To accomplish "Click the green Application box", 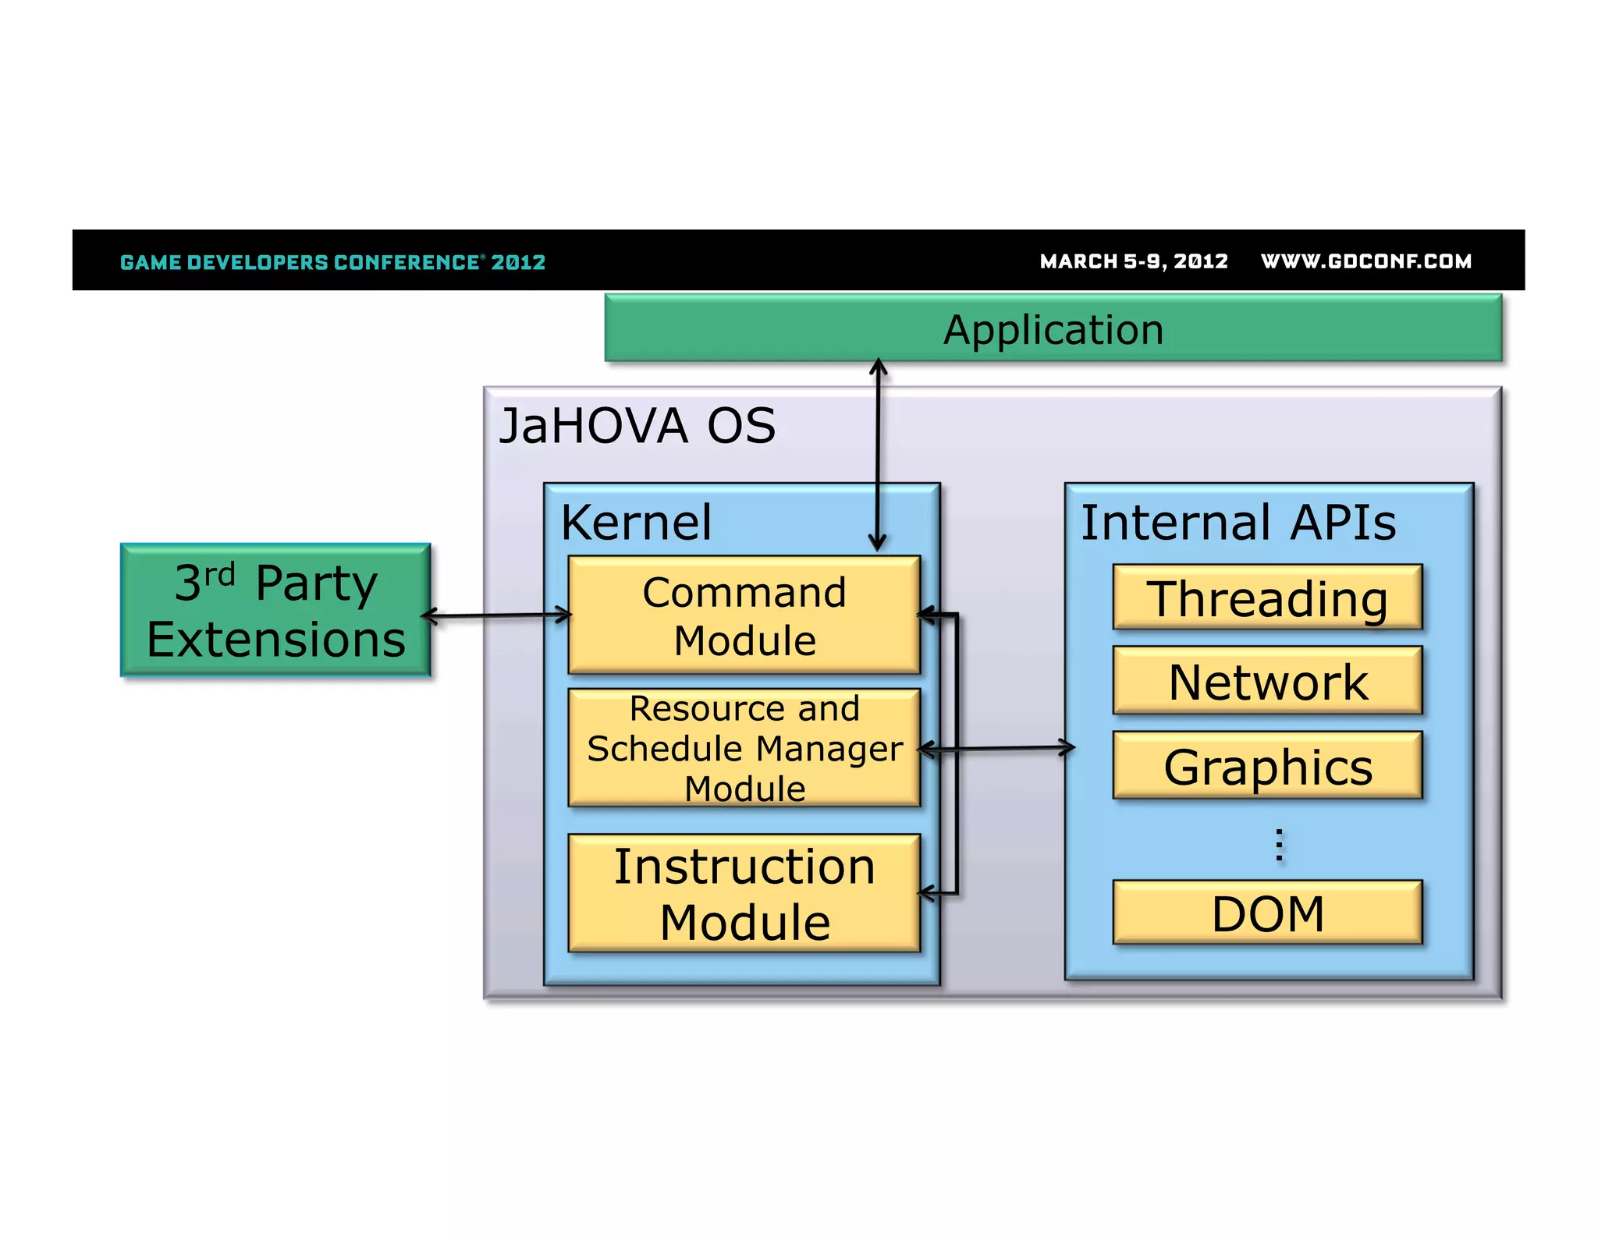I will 1053,328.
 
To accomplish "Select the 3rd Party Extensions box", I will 275,610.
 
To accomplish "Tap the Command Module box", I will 744,615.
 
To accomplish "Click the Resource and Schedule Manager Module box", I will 744,747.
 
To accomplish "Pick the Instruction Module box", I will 744,893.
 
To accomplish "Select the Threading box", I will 1267,597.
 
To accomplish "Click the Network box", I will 1267,681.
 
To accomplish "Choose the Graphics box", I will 1267,766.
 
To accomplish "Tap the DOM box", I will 1267,913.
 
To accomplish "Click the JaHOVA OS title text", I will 637,426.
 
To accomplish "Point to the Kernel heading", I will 636,522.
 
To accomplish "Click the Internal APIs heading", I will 1238,522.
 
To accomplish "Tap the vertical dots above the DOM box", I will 1279,845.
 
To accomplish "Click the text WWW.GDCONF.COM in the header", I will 1365,261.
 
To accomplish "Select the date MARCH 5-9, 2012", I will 1133,261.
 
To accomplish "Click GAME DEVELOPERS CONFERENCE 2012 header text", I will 332,262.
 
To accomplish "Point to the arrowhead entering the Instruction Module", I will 927,893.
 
